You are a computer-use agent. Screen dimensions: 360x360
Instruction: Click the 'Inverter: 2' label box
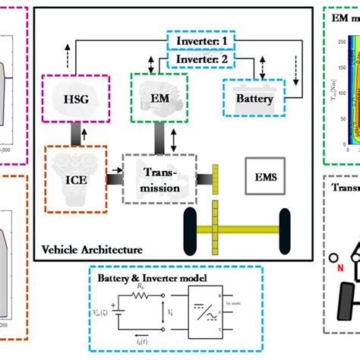pos(204,58)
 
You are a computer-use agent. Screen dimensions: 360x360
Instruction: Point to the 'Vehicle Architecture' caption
pos(91,248)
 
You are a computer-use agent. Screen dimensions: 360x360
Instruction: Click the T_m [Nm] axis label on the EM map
pos(337,75)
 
